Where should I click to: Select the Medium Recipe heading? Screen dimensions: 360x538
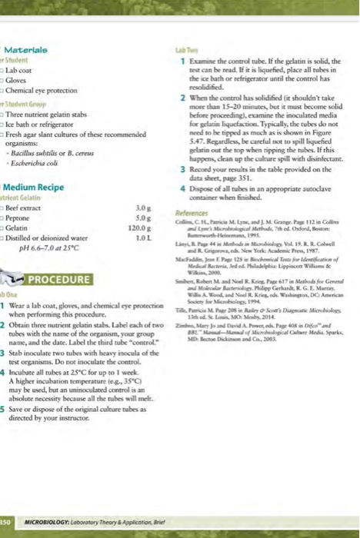[36, 187]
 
